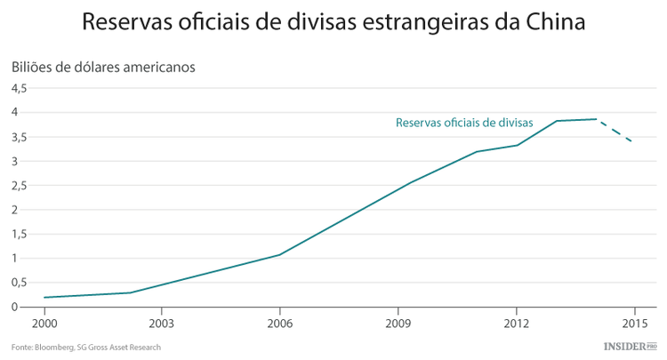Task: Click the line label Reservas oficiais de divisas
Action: click(x=463, y=124)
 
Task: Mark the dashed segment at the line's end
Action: click(x=615, y=130)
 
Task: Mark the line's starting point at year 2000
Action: click(x=44, y=298)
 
